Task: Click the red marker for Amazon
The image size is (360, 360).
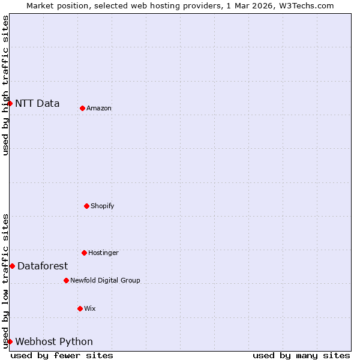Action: click(x=82, y=108)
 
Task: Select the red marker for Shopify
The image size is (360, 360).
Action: click(x=86, y=206)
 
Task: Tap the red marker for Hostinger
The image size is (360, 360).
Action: click(x=84, y=253)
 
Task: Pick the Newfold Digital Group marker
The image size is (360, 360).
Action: click(x=66, y=280)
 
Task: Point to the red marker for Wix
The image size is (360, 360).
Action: click(x=80, y=308)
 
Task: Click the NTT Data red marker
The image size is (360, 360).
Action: click(x=10, y=103)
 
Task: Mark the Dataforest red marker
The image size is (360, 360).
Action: click(x=12, y=266)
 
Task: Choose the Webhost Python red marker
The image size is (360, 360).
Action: click(x=10, y=341)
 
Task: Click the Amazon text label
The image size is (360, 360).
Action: click(x=99, y=109)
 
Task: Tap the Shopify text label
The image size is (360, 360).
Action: click(x=103, y=206)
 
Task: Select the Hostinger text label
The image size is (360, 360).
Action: click(x=103, y=253)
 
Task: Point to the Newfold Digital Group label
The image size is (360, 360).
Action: click(x=105, y=281)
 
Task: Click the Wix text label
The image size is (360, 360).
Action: click(x=90, y=309)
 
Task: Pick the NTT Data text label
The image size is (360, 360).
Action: click(x=37, y=103)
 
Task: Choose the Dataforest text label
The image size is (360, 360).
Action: click(x=43, y=266)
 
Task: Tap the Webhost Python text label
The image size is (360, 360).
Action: click(x=54, y=342)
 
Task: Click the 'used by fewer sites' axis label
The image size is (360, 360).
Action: click(x=62, y=355)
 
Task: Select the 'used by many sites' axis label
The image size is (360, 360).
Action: click(x=301, y=355)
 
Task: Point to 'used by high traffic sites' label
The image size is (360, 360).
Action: click(x=5, y=85)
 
